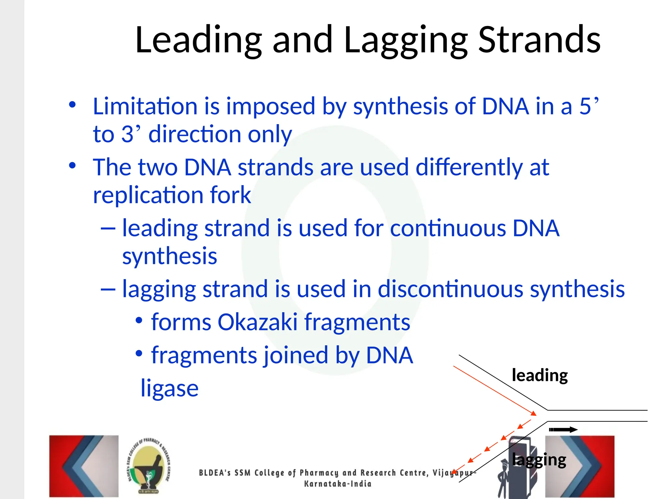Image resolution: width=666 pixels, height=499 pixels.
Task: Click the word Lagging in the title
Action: [406, 41]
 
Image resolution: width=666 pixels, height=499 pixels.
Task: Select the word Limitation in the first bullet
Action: [145, 106]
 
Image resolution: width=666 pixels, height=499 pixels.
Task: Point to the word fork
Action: [230, 195]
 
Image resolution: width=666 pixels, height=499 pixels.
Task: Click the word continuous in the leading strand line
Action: [447, 228]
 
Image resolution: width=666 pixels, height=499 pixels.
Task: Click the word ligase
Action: [169, 389]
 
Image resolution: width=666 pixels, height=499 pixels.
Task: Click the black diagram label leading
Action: [539, 376]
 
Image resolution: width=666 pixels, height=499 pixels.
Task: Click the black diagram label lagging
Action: [539, 460]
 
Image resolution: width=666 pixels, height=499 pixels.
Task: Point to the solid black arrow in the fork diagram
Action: [563, 429]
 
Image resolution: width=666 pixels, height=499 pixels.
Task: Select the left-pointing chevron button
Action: [84, 466]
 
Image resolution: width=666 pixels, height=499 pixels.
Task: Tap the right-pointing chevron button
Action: [580, 466]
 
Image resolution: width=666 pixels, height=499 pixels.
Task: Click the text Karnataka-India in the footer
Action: [338, 484]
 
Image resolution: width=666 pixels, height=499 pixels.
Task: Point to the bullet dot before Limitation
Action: [72, 105]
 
